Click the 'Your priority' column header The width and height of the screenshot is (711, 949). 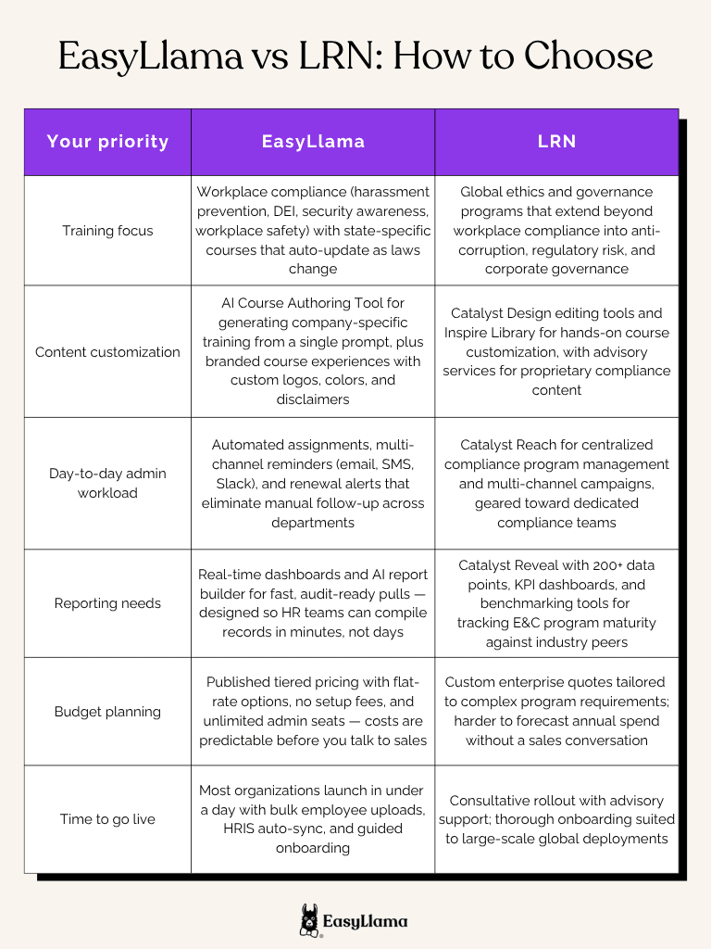click(x=107, y=142)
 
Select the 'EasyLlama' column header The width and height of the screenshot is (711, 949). click(x=313, y=142)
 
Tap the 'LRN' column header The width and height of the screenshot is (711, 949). click(x=556, y=142)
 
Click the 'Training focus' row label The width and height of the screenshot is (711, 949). click(x=107, y=230)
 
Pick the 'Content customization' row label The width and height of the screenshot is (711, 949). click(x=107, y=351)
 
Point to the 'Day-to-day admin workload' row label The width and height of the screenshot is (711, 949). click(x=107, y=483)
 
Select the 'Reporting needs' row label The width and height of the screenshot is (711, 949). click(x=107, y=603)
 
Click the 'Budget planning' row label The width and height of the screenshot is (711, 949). click(x=107, y=712)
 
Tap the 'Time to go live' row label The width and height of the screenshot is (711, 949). click(x=107, y=819)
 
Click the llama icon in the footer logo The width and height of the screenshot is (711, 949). click(x=309, y=920)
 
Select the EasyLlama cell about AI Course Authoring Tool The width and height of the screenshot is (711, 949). click(x=313, y=351)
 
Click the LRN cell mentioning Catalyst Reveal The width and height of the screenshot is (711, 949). click(x=556, y=603)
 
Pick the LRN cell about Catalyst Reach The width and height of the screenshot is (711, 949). click(x=556, y=483)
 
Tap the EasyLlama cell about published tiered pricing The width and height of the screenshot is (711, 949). click(x=313, y=712)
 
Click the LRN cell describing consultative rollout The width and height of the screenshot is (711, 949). click(x=556, y=819)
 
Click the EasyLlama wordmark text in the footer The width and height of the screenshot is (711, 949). click(x=365, y=921)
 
